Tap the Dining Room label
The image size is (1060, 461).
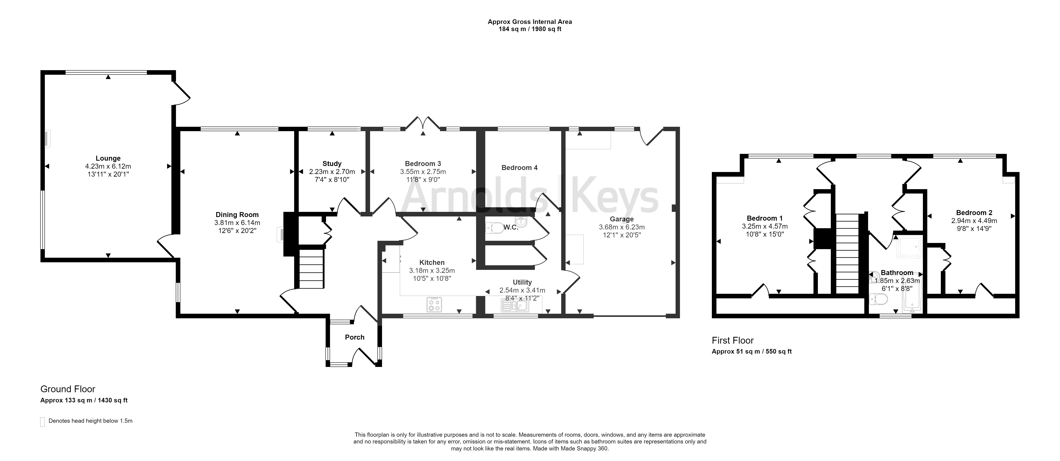tap(237, 214)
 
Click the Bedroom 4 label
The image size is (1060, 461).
tap(519, 168)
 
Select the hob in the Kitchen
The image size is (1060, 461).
tap(434, 305)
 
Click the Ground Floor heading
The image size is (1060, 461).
tap(68, 389)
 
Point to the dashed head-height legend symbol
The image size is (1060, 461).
tap(42, 422)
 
